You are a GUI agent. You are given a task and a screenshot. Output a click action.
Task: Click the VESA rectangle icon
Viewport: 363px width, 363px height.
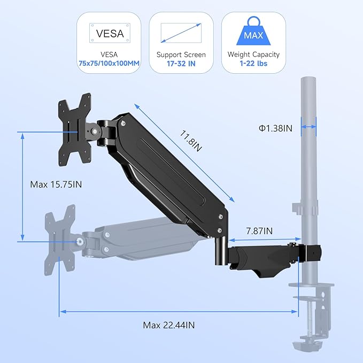coord(109,33)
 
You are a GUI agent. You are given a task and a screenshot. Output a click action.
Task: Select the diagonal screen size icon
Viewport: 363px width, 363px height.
coord(181,33)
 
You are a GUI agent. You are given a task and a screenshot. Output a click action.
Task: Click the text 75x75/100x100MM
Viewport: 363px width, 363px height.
coord(109,64)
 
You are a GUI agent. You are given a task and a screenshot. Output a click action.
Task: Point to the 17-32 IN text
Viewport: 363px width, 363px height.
coord(181,64)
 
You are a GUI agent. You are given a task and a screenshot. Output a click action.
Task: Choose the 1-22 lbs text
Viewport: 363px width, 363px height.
coord(253,64)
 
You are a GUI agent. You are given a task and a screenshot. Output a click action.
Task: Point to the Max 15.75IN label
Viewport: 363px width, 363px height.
coord(56,184)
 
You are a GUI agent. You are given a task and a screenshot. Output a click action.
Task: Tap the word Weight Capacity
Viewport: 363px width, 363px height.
coord(253,54)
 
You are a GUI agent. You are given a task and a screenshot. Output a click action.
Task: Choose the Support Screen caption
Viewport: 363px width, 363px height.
coord(181,54)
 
